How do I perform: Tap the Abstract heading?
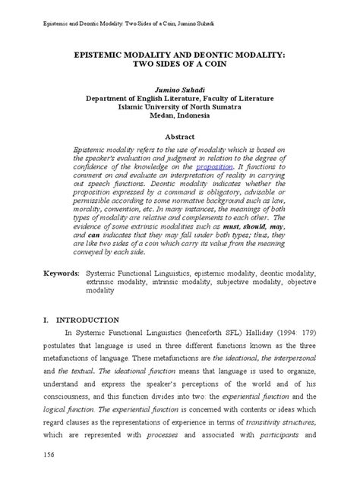[x=179, y=136]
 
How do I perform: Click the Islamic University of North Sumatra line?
[x=179, y=108]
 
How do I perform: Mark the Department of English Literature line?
[x=179, y=99]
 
